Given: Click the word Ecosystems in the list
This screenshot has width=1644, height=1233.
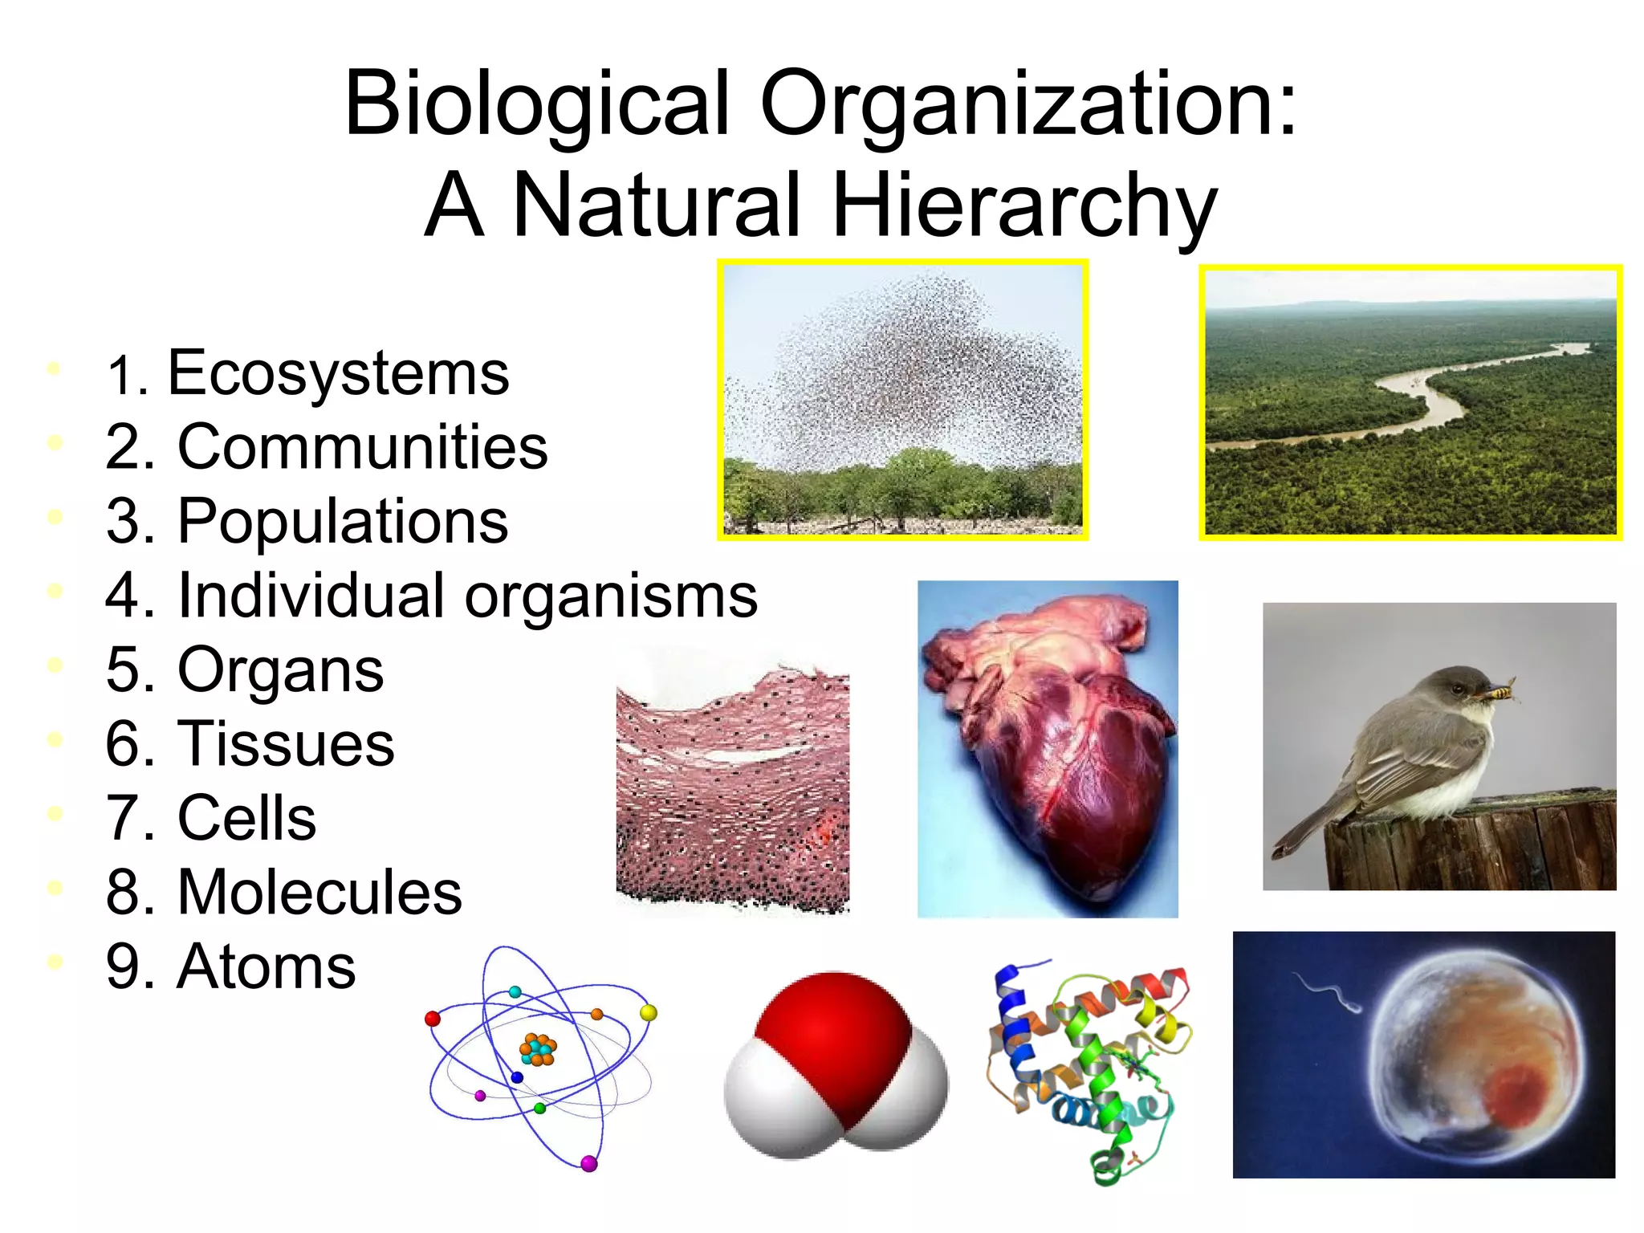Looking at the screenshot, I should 338,374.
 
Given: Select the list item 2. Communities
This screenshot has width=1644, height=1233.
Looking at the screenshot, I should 327,447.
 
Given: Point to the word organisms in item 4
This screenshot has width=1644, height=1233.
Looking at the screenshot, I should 611,596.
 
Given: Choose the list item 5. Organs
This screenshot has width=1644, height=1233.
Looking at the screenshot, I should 245,670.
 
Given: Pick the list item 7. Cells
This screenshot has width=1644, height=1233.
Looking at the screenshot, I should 211,818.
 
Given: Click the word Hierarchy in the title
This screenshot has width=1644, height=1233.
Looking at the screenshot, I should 1024,205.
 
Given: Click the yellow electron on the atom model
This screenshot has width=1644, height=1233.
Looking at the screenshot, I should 649,1013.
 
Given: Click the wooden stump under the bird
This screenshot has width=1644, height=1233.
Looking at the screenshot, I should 1469,843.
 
